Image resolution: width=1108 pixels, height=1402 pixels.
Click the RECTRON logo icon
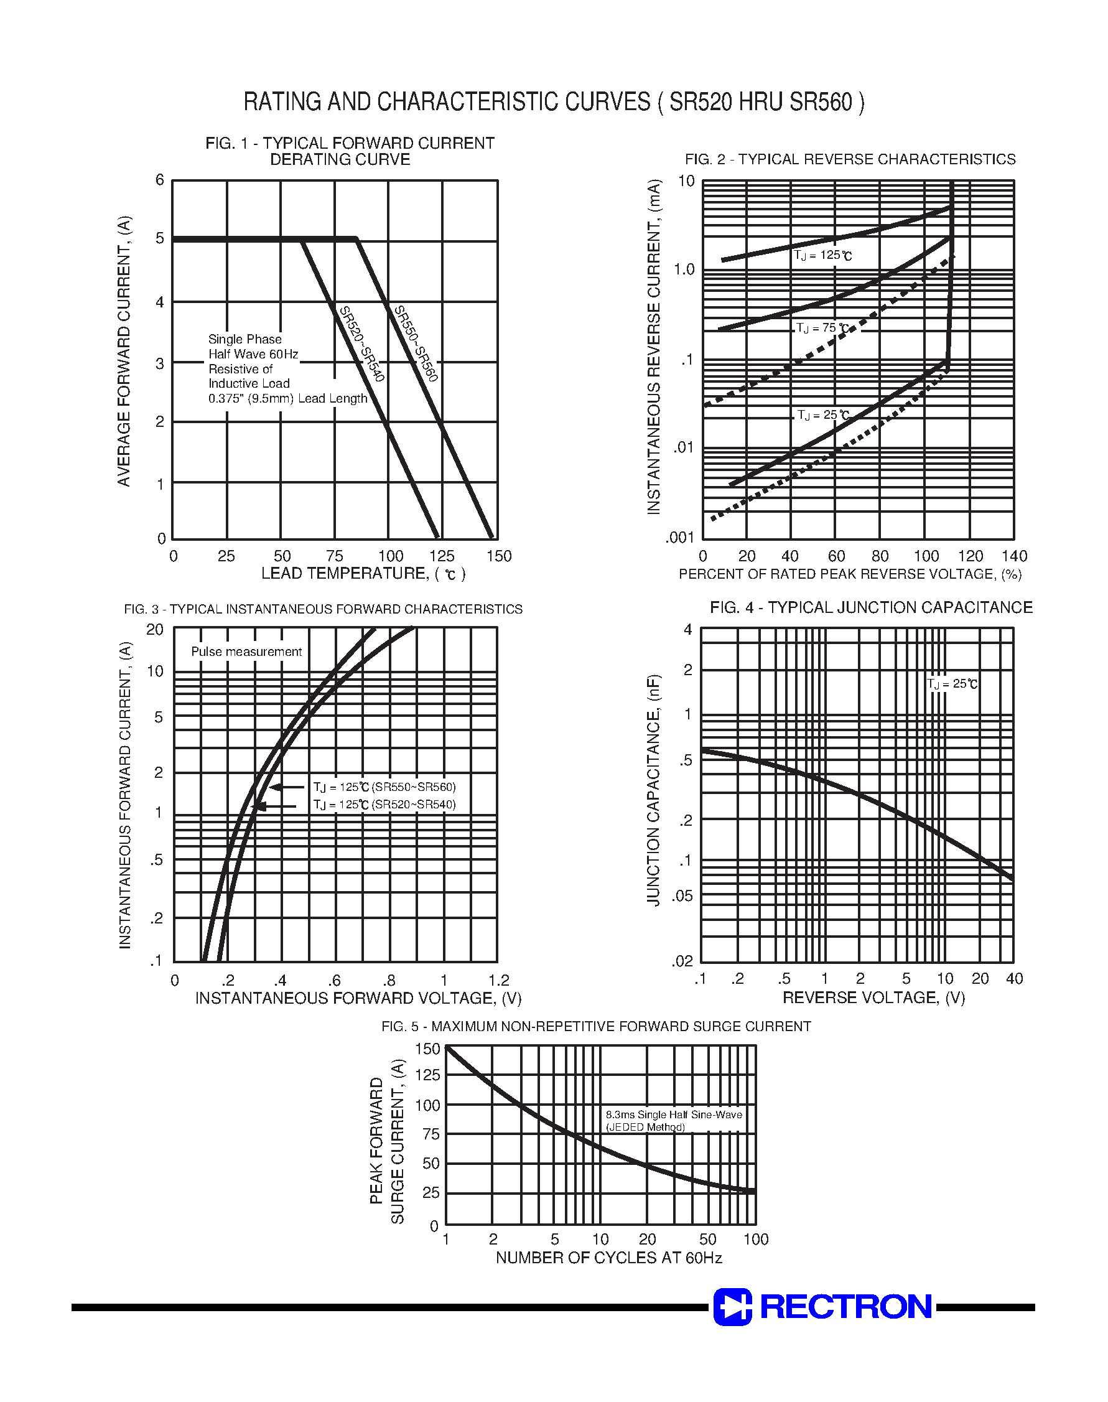[732, 1307]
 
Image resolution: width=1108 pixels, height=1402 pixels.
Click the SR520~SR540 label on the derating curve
[362, 344]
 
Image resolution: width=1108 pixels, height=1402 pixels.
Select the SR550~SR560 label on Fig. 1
[416, 343]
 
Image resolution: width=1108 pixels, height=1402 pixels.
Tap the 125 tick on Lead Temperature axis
[442, 556]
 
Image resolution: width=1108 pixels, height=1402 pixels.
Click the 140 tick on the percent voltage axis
[1014, 556]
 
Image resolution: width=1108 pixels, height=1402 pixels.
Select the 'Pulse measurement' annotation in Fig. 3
[246, 652]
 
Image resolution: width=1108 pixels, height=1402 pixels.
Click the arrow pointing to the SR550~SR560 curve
[286, 787]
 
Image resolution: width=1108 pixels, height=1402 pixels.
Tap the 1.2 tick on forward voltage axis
[498, 980]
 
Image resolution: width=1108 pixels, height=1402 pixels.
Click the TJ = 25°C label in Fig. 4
[952, 684]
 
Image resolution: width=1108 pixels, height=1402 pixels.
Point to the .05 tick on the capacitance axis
[682, 896]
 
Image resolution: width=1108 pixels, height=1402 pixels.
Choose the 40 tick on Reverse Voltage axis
[1014, 978]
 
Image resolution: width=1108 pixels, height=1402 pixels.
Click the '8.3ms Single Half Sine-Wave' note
[673, 1115]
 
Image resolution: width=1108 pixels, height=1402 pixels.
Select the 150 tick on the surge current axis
[427, 1049]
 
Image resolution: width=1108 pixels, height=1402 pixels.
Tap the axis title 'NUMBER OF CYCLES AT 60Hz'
[608, 1258]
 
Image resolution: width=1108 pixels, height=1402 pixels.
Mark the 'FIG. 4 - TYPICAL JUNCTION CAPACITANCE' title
[870, 607]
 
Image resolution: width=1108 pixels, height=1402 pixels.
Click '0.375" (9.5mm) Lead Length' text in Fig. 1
[287, 398]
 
